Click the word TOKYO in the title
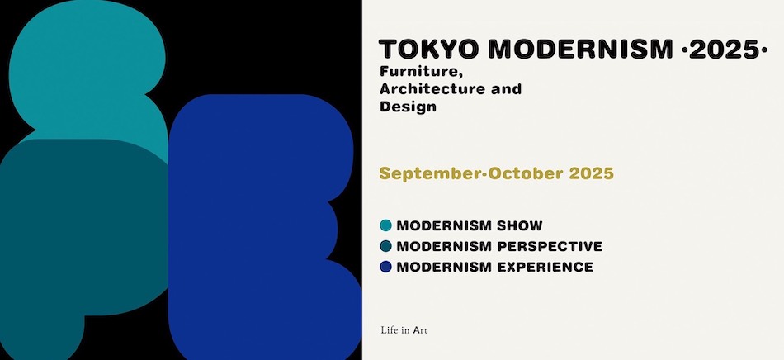point(429,49)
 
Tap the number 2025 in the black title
point(724,49)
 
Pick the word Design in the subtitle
point(408,107)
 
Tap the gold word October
point(525,173)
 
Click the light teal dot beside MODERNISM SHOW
point(385,225)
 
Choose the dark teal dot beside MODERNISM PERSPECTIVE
point(385,246)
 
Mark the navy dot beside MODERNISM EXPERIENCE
point(385,267)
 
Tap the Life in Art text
point(404,330)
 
